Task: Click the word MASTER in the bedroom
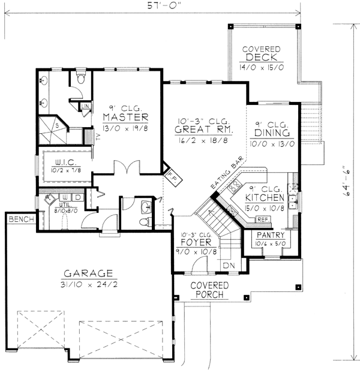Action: point(125,116)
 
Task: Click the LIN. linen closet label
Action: point(85,107)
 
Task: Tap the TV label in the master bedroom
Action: point(97,136)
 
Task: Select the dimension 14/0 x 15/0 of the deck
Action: point(263,68)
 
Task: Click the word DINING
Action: point(272,133)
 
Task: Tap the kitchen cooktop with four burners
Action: point(235,185)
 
